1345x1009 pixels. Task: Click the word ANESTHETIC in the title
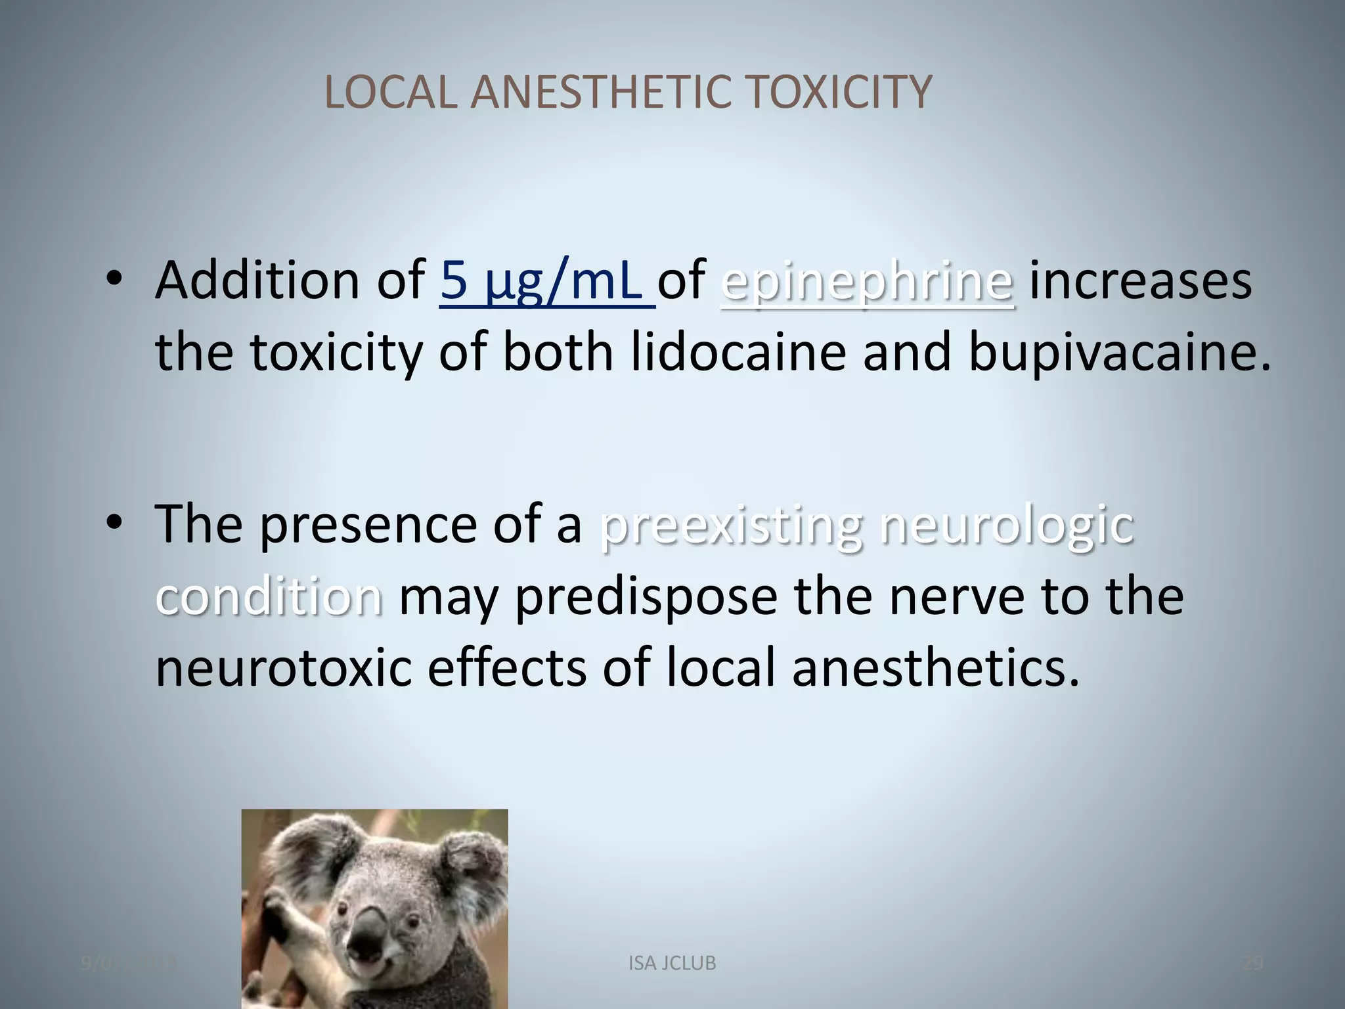point(600,92)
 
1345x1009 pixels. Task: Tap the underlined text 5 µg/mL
point(547,281)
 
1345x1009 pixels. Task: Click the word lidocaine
point(738,353)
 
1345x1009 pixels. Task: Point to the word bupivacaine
point(1119,353)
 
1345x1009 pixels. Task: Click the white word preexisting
point(731,526)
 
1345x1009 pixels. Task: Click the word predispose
point(646,598)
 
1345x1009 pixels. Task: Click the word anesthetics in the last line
point(935,667)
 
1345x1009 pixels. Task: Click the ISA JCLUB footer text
point(672,964)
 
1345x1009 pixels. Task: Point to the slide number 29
point(1253,964)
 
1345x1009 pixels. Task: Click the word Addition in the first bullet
point(257,281)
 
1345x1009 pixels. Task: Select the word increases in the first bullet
point(1140,281)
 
